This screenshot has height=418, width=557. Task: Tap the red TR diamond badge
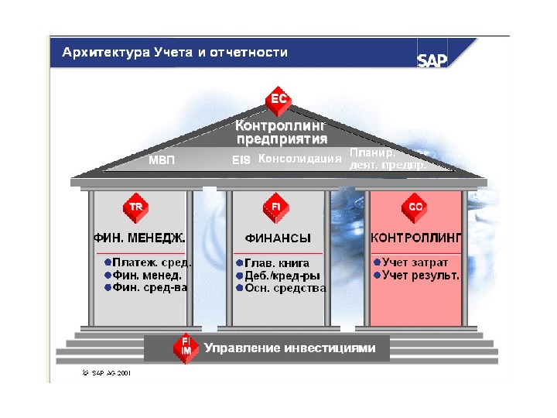(135, 207)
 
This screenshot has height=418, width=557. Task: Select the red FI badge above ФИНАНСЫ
(276, 207)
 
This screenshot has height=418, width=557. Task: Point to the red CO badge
(415, 207)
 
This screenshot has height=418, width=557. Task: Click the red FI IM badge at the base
(186, 348)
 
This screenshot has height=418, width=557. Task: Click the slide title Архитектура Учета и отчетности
(175, 53)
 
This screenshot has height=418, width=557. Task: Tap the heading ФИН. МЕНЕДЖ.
(140, 238)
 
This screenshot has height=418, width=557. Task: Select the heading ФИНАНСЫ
(278, 238)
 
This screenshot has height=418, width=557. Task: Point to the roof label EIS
(241, 161)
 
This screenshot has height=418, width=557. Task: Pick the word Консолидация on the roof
(299, 159)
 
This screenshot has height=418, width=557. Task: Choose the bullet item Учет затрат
(415, 262)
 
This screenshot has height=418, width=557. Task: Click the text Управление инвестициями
(290, 348)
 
